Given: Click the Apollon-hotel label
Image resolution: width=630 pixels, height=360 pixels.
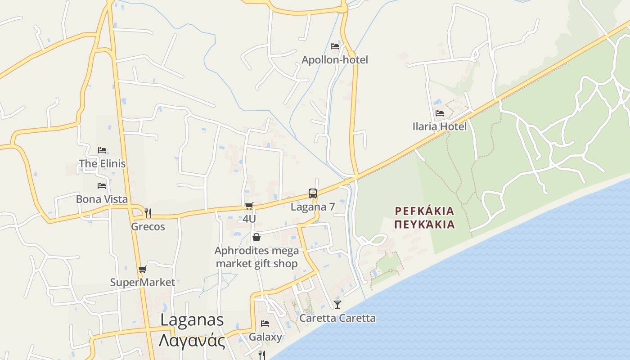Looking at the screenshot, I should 334,60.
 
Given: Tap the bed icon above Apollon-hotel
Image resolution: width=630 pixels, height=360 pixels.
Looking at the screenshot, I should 334,46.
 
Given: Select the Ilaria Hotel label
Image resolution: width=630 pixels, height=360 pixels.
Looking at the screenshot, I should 439,126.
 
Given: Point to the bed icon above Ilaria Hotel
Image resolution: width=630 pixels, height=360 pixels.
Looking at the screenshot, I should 439,113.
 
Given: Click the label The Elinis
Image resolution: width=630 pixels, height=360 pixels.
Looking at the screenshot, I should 102,163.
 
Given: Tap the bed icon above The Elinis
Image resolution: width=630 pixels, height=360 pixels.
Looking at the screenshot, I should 102,150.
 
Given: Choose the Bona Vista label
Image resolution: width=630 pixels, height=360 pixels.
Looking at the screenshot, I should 102,199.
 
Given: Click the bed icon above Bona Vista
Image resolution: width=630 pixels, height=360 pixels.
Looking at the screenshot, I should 102,185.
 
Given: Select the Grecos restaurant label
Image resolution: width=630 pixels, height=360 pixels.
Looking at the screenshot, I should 148,226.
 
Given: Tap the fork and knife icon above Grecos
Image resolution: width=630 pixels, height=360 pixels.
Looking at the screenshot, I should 148,213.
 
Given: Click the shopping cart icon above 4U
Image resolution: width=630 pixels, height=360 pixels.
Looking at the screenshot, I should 249,206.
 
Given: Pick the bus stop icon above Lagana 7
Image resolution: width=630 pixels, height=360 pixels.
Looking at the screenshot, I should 313,193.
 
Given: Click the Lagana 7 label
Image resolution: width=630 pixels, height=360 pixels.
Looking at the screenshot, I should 313,207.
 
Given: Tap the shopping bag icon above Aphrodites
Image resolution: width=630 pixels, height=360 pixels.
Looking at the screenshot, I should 256,237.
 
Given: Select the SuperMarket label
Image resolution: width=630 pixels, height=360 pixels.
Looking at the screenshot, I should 142,282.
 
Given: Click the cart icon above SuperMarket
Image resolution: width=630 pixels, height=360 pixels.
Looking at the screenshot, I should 142,269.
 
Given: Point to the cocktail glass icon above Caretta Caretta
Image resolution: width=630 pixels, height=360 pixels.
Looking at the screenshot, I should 337,305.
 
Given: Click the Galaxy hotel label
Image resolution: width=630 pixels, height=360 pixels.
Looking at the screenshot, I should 265,337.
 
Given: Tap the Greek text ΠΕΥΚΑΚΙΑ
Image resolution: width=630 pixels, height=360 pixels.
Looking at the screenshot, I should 424,224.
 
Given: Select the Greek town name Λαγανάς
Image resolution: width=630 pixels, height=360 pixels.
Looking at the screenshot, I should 192,340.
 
